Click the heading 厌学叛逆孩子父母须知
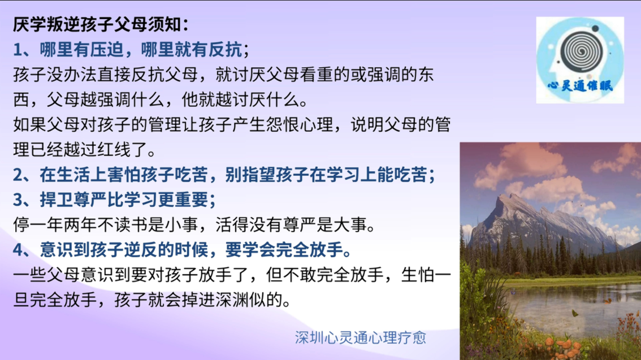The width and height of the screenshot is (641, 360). click(x=97, y=24)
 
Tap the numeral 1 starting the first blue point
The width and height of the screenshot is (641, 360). click(x=18, y=50)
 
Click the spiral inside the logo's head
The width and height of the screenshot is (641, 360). click(x=581, y=51)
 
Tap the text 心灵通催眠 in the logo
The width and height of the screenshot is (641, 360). click(x=580, y=85)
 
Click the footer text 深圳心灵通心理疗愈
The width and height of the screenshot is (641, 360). click(x=361, y=337)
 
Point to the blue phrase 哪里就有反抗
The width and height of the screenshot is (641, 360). click(x=192, y=50)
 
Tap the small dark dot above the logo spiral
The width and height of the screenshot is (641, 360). click(x=595, y=28)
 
